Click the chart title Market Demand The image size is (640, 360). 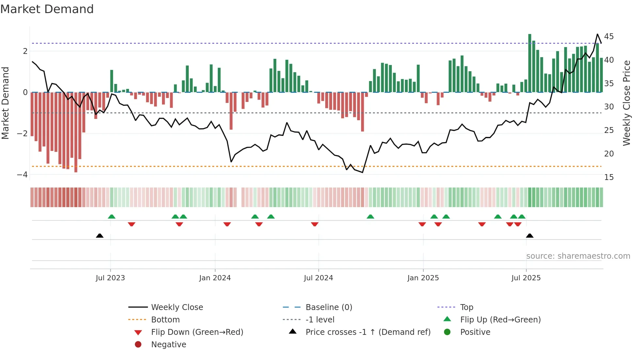click(x=47, y=9)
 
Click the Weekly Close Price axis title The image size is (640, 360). click(x=626, y=103)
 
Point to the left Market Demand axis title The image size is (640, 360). click(x=5, y=103)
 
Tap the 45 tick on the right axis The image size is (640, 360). click(x=609, y=36)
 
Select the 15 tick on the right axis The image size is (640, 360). click(x=609, y=177)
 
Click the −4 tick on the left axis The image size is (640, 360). click(x=22, y=174)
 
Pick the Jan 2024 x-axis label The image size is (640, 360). click(x=215, y=278)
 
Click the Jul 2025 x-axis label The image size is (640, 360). click(x=526, y=278)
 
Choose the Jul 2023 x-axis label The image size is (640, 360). click(x=110, y=278)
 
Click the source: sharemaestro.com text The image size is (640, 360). click(x=578, y=256)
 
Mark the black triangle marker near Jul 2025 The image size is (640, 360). click(x=530, y=236)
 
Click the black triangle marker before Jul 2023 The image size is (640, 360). click(x=100, y=236)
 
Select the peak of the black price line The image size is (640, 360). click(x=598, y=34)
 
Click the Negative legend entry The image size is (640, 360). click(x=168, y=344)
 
